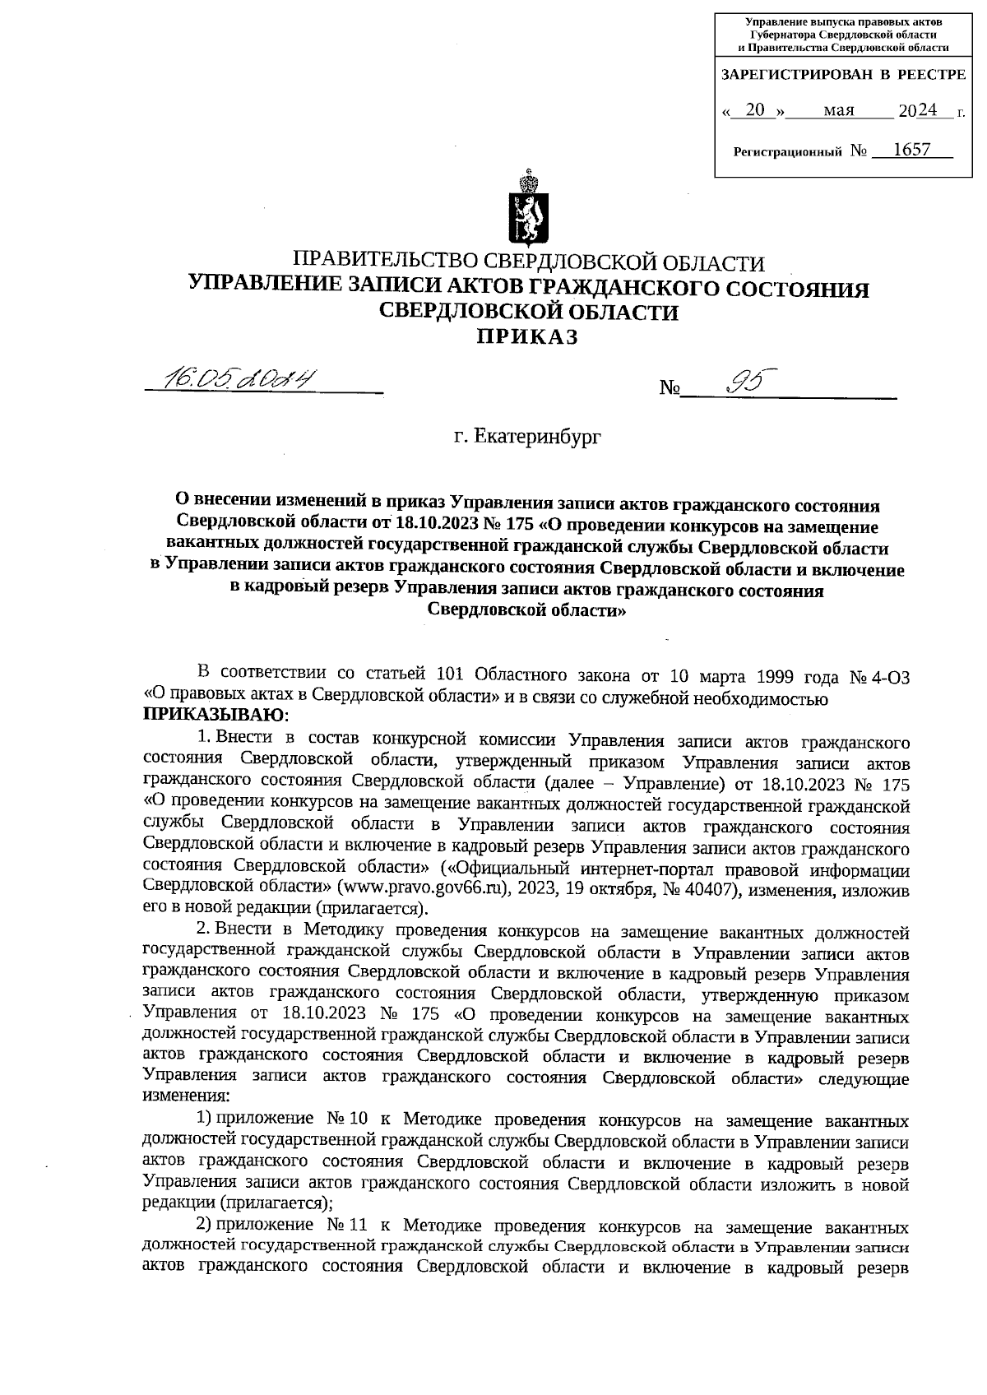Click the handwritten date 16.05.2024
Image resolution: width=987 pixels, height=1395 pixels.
241,379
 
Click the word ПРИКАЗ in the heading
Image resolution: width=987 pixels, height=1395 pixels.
529,337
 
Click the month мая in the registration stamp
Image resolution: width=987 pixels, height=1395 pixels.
839,110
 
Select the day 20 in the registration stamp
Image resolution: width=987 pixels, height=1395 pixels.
754,110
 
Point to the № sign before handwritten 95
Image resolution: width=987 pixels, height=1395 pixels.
668,387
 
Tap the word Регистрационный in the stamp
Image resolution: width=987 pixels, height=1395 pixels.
787,152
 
